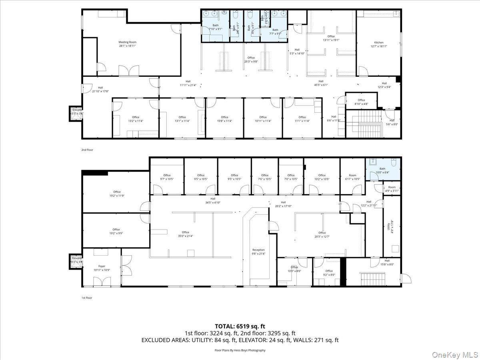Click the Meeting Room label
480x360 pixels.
[x=127, y=44]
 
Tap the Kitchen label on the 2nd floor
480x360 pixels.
[x=378, y=44]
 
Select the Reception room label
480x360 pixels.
[x=258, y=252]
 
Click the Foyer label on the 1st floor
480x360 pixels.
[x=102, y=268]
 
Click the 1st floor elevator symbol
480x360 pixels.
[x=76, y=260]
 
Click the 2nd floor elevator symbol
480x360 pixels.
[x=76, y=112]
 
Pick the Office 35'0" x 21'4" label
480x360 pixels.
[x=185, y=234]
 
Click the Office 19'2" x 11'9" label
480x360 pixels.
[x=116, y=194]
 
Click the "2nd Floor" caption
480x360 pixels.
[x=87, y=150]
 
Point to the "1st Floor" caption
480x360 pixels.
[x=86, y=298]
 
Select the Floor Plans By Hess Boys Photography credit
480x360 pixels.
[x=240, y=350]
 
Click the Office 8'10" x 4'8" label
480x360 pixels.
[x=361, y=102]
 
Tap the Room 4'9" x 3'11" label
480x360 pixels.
[x=392, y=189]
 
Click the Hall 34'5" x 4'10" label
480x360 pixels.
[x=213, y=200]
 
